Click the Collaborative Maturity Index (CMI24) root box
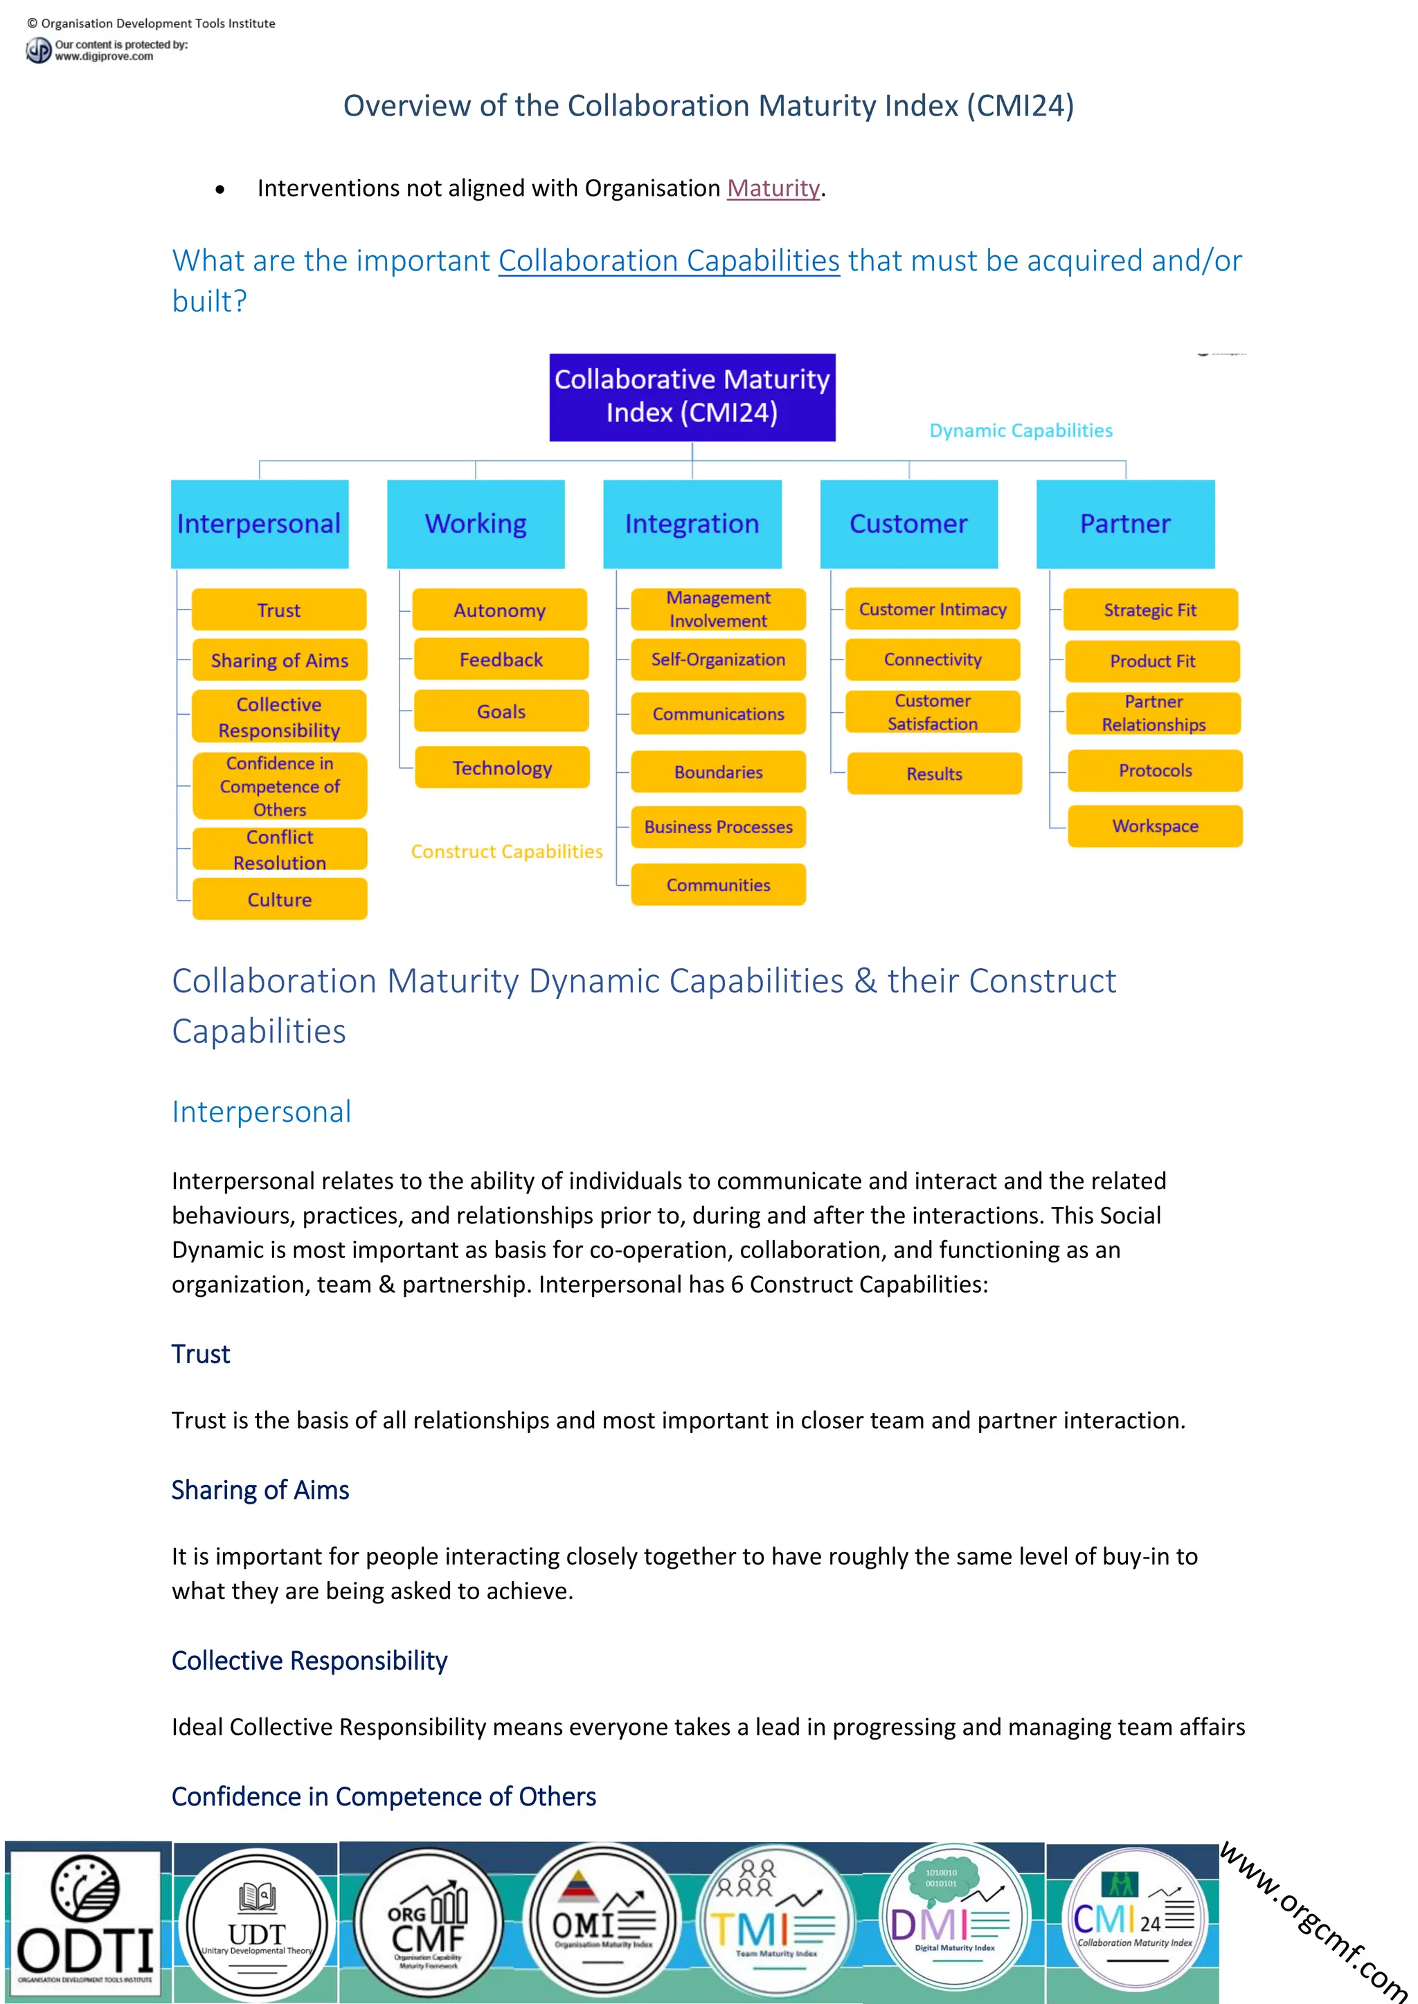692,397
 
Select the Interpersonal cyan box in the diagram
260,524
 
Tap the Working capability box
476,524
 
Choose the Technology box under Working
502,768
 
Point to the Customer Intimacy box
933,609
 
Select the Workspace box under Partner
1154,826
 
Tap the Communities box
718,885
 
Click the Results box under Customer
934,774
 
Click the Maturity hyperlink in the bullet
773,188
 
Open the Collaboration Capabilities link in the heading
669,261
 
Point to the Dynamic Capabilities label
1021,430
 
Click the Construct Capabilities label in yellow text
506,851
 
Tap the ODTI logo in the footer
84,1921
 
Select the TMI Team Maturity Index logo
776,1920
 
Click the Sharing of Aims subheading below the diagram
260,1490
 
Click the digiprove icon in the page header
38,51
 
